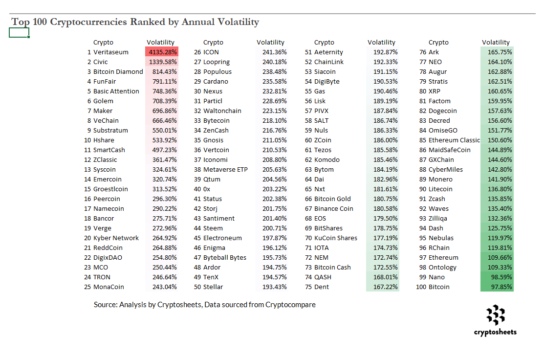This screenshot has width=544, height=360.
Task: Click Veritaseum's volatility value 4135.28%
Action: point(162,52)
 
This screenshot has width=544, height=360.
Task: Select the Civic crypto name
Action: point(101,62)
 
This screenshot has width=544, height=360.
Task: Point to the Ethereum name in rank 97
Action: point(443,258)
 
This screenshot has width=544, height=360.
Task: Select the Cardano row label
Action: point(216,82)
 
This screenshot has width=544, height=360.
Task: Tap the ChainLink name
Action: point(329,62)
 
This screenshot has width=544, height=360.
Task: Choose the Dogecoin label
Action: point(443,111)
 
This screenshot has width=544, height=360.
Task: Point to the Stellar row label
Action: point(213,287)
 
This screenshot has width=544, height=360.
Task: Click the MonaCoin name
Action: point(109,287)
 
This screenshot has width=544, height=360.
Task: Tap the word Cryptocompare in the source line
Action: point(290,305)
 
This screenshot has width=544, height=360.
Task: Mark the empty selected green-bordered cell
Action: point(19,33)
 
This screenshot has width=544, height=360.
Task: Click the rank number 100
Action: point(421,287)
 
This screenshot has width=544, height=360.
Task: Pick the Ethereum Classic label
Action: point(454,140)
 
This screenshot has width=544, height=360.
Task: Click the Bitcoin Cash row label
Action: point(332,268)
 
